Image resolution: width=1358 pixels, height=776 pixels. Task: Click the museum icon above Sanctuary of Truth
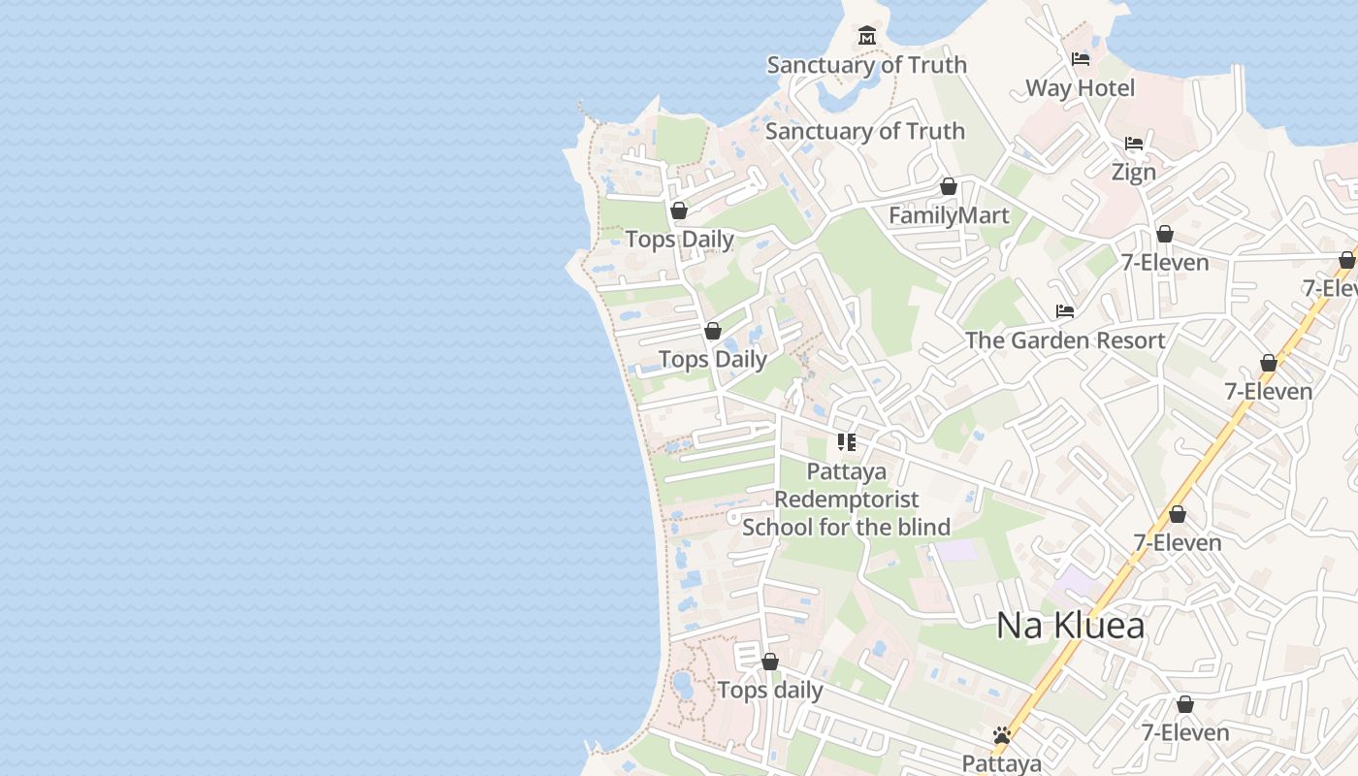tap(866, 36)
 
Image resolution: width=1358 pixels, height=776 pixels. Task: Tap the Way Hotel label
tap(1080, 88)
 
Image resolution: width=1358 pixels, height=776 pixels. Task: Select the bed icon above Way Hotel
tap(1081, 59)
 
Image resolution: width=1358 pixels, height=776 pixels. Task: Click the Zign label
tap(1133, 173)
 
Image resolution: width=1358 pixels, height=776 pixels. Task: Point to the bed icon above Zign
tap(1134, 144)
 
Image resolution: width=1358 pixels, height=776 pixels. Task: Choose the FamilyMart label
tap(949, 215)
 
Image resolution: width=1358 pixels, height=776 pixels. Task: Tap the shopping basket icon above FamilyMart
tap(949, 186)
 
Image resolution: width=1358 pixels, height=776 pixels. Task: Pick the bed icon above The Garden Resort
tap(1065, 311)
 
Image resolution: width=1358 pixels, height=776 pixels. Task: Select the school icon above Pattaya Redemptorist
tap(847, 442)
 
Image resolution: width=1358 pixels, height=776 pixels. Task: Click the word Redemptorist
tap(847, 500)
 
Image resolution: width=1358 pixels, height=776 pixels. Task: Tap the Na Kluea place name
tap(1070, 626)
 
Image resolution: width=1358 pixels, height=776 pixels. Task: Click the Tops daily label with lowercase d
tap(770, 691)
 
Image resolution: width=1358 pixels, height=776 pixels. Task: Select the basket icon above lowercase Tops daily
tap(770, 662)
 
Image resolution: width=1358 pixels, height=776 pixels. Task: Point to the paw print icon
tap(1002, 735)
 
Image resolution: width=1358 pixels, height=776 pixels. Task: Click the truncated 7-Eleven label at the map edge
tap(1331, 288)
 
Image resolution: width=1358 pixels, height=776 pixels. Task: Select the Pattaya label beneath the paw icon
tap(1002, 763)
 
